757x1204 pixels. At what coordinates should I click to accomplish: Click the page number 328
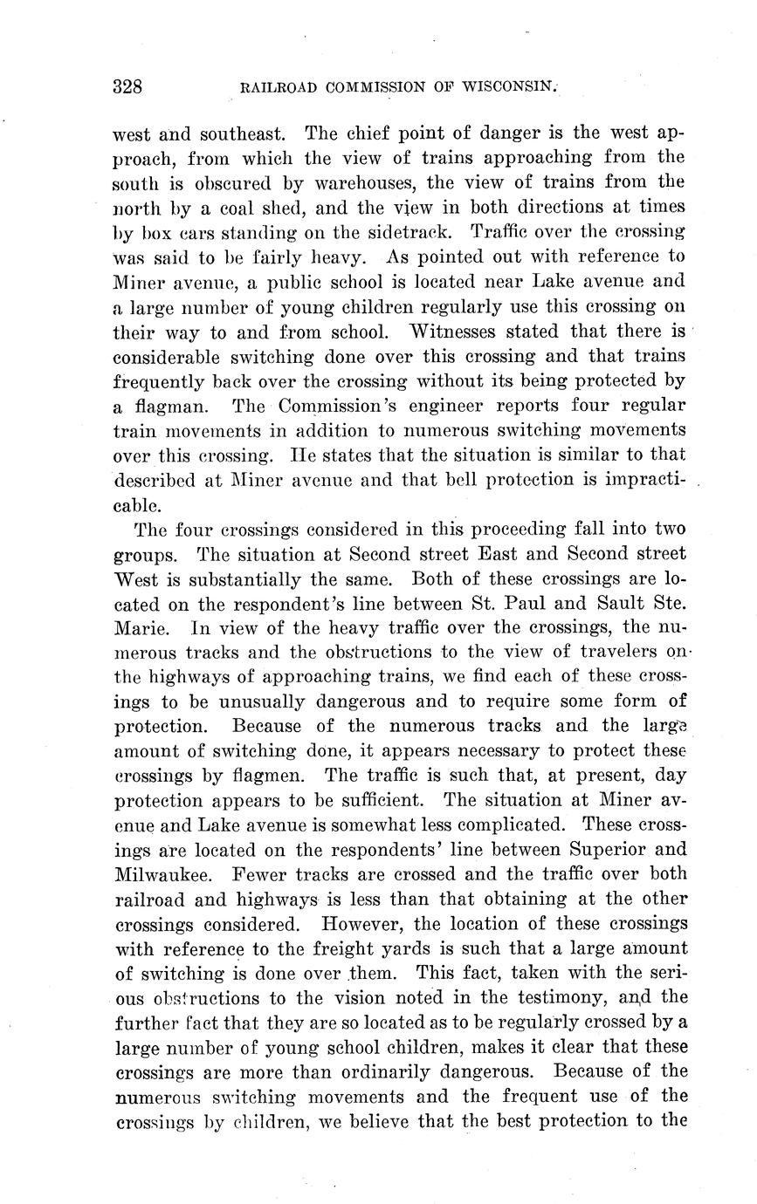coord(127,86)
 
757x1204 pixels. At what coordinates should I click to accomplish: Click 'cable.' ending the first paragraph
coord(137,504)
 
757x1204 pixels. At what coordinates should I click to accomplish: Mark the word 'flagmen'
coord(271,776)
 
